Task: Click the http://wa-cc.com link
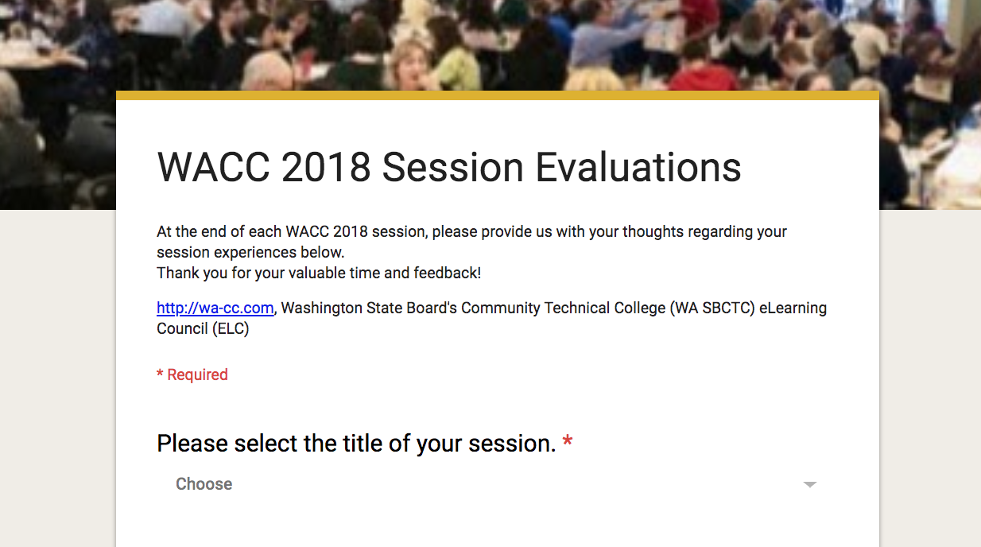215,308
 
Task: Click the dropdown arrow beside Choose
810,484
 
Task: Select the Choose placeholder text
204,484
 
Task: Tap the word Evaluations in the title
638,167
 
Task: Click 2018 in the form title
326,167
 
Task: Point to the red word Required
197,375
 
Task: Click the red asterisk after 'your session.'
568,440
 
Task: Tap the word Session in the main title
453,167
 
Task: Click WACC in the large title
213,167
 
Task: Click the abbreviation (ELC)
231,329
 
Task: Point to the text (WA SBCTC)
712,308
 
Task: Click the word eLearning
793,308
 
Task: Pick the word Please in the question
192,443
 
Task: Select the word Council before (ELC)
182,328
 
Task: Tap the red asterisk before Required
160,373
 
